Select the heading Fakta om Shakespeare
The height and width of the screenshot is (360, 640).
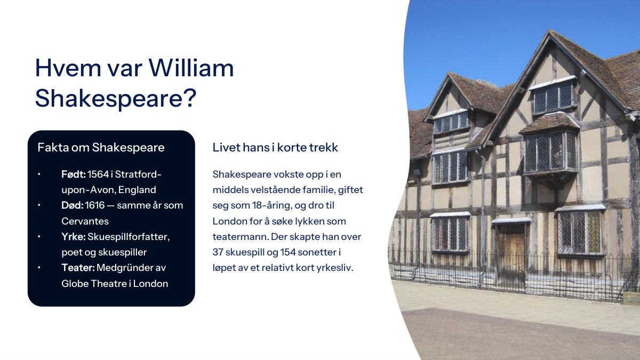[x=101, y=147]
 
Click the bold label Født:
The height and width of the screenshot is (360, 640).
[x=74, y=174]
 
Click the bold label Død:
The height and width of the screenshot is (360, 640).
[x=73, y=205]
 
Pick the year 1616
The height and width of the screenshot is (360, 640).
[x=95, y=205]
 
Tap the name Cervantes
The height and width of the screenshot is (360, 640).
[x=85, y=221]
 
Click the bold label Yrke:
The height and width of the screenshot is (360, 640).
[x=74, y=237]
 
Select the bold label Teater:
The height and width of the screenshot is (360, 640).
[x=78, y=268]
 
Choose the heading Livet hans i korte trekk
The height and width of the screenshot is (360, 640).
[x=275, y=147]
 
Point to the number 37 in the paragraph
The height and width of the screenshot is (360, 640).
[x=218, y=252]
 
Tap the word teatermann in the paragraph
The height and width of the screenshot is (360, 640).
[x=239, y=237]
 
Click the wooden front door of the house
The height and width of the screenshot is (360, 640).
[x=510, y=254]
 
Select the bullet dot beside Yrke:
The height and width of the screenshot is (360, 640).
[x=39, y=237]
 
